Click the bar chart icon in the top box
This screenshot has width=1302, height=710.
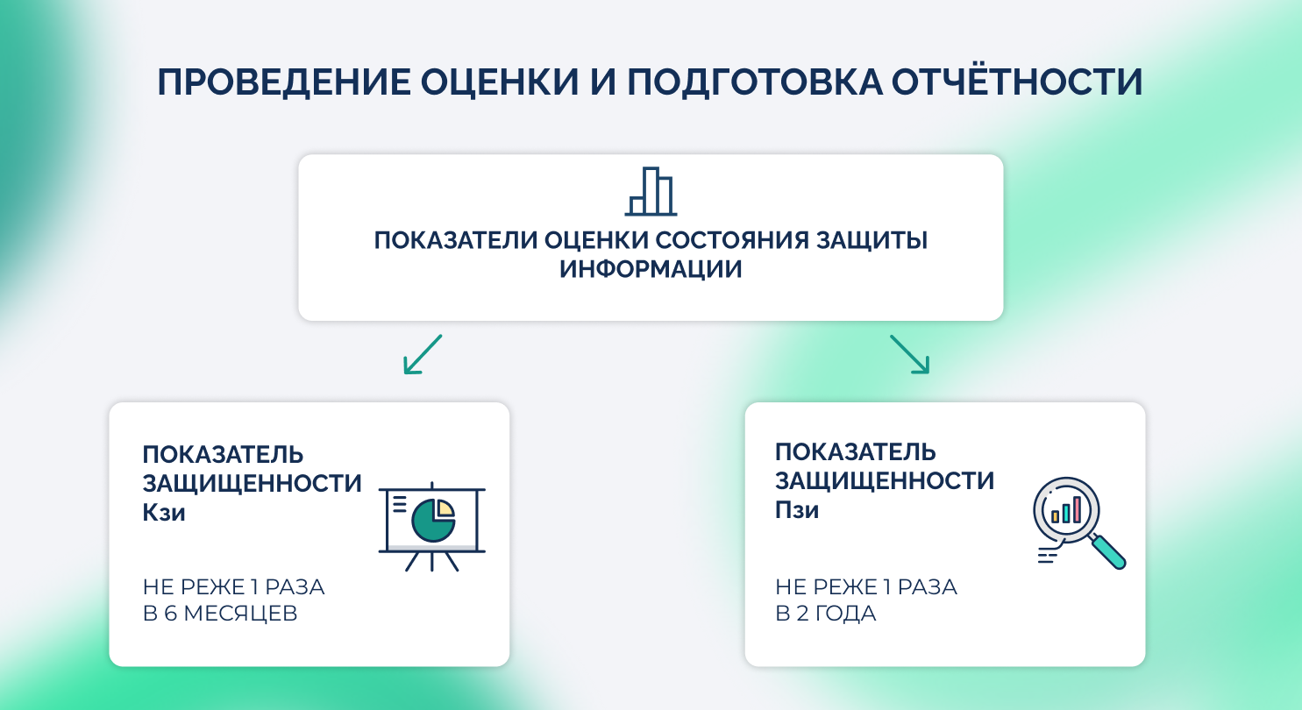click(651, 191)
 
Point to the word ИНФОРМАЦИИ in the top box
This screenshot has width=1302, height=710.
click(651, 269)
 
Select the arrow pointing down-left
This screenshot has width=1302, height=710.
click(423, 353)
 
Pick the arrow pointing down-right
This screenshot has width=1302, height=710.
click(909, 353)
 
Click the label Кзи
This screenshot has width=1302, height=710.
click(164, 512)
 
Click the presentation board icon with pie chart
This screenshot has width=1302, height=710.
click(431, 526)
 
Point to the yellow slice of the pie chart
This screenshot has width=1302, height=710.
click(445, 508)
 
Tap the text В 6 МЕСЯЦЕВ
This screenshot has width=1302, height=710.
click(220, 614)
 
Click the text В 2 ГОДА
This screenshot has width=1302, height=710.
click(826, 614)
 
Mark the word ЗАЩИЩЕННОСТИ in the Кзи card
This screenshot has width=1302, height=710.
click(253, 483)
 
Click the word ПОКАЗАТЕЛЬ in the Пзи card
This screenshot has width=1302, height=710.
click(856, 452)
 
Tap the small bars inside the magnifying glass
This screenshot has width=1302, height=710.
click(1065, 509)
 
